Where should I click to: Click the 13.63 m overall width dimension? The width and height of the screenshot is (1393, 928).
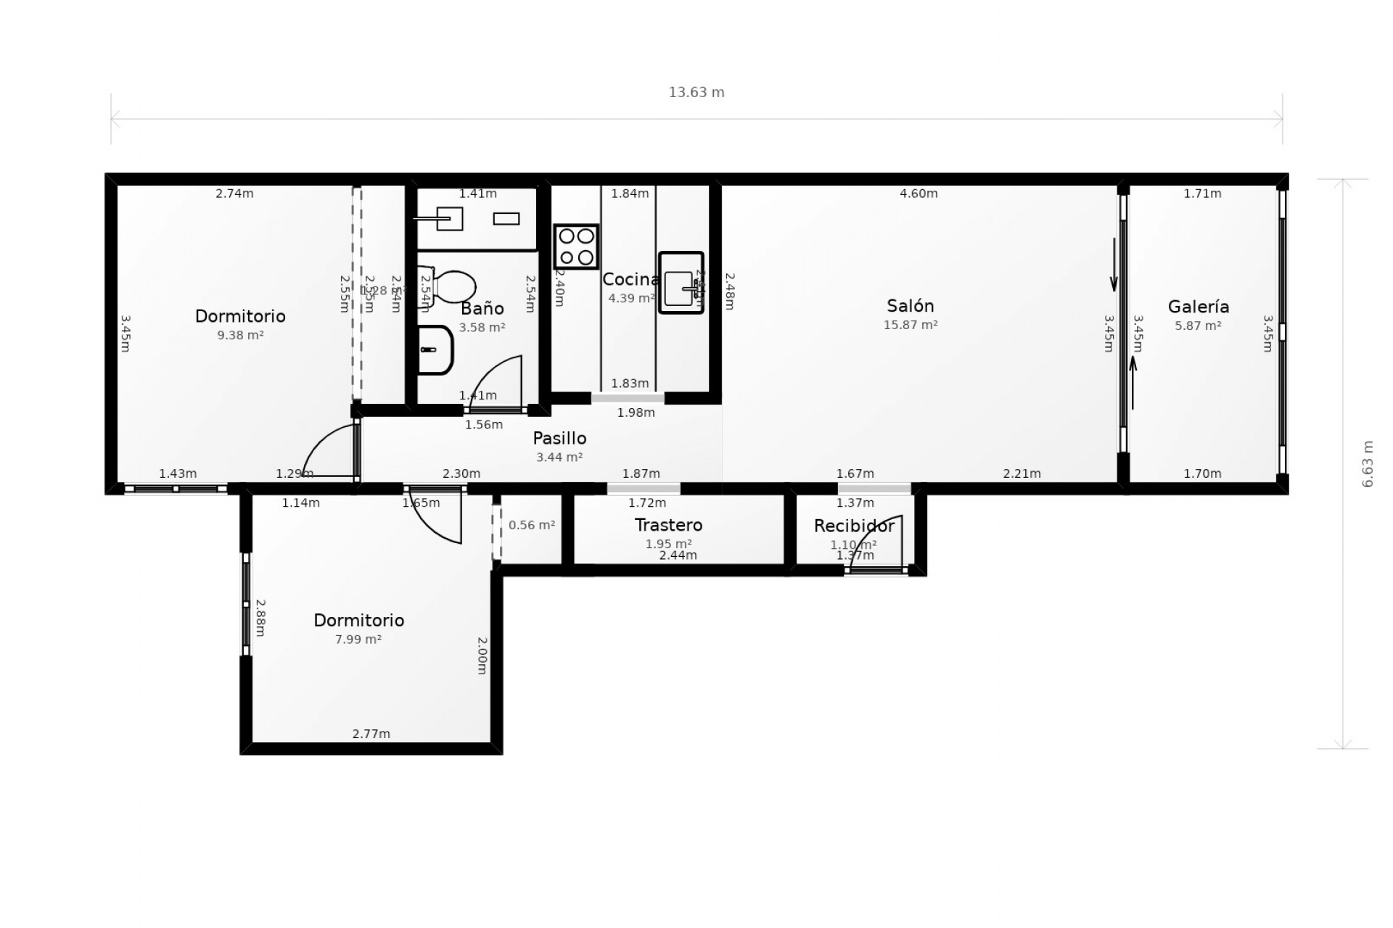696,92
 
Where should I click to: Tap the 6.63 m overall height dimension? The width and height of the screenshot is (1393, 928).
1368,464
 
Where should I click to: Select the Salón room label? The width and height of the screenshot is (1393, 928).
910,306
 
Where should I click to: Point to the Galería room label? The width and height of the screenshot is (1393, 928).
1198,307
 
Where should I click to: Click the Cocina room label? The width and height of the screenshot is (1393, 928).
630,279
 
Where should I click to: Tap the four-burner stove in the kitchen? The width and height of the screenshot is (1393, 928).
576,246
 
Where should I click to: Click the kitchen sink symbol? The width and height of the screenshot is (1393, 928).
681,283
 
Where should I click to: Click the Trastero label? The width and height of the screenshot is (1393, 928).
668,525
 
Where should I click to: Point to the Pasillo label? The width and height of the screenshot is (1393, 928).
559,438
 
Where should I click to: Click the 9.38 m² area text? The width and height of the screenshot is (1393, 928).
240,335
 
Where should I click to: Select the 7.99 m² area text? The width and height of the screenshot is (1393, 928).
358,639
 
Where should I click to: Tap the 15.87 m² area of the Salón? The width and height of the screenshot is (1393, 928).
910,325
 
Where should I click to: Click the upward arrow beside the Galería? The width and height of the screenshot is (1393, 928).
1133,382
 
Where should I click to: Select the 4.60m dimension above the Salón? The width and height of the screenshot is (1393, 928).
918,194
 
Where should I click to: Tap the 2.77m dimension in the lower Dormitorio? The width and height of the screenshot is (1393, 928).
371,734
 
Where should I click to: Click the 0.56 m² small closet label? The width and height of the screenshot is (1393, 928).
531,525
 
